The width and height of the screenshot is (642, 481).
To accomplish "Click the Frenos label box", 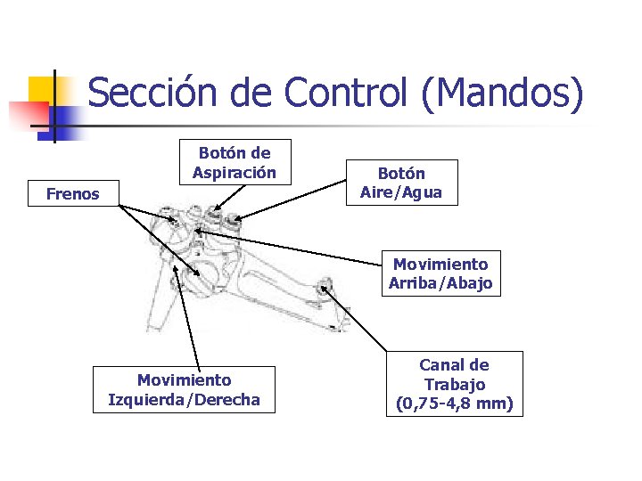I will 73,193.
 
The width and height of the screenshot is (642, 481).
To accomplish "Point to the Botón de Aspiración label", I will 235,162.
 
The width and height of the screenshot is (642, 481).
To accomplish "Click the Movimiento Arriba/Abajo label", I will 440,274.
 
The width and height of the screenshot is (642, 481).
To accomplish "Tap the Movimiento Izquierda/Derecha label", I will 184,390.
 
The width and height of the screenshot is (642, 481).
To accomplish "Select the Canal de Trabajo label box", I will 454,384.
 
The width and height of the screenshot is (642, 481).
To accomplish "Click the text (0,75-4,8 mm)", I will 454,404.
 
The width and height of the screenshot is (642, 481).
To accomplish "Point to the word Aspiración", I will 235,172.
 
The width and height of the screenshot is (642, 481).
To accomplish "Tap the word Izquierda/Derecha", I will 184,400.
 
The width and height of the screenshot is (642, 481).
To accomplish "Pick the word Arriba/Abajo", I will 440,284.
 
